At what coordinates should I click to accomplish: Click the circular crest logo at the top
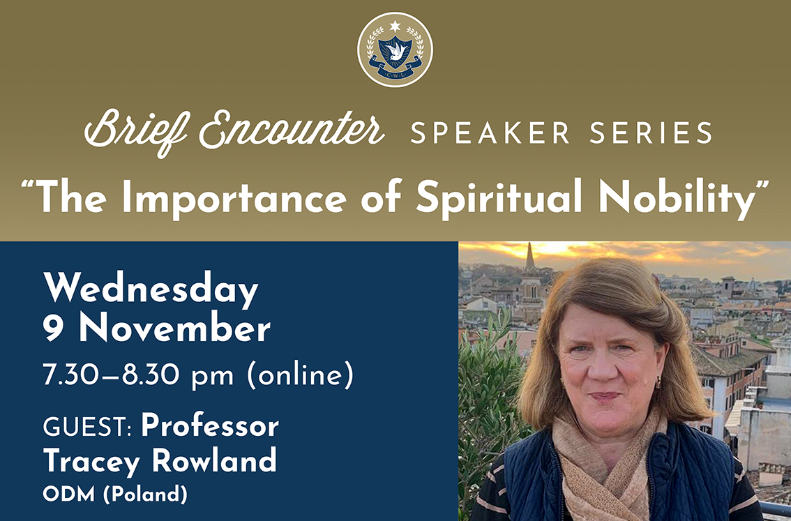[395, 50]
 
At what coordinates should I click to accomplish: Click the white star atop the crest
[395, 26]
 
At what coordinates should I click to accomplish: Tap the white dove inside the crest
[395, 50]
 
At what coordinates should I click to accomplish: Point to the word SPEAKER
[489, 133]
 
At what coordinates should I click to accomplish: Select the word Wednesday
[151, 290]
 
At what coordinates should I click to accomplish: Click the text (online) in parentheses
[301, 377]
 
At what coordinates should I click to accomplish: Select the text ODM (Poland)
[115, 494]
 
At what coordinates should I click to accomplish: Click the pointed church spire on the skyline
[529, 257]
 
